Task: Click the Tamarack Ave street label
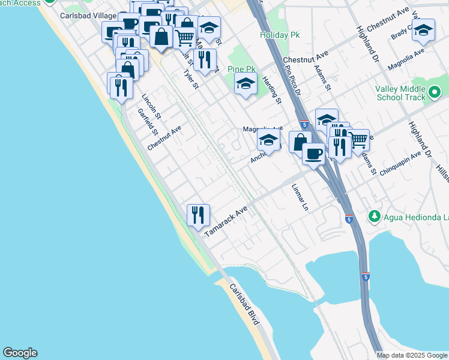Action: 226,223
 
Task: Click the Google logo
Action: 20,353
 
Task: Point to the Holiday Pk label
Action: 279,35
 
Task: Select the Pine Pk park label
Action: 242,70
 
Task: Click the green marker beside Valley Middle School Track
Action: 435,92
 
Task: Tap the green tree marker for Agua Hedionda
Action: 374,215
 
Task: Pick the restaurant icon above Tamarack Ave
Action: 197,214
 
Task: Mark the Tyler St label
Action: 191,79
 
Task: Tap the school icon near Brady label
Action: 424,30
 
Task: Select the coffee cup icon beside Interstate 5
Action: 313,154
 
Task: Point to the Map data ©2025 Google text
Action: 412,355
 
